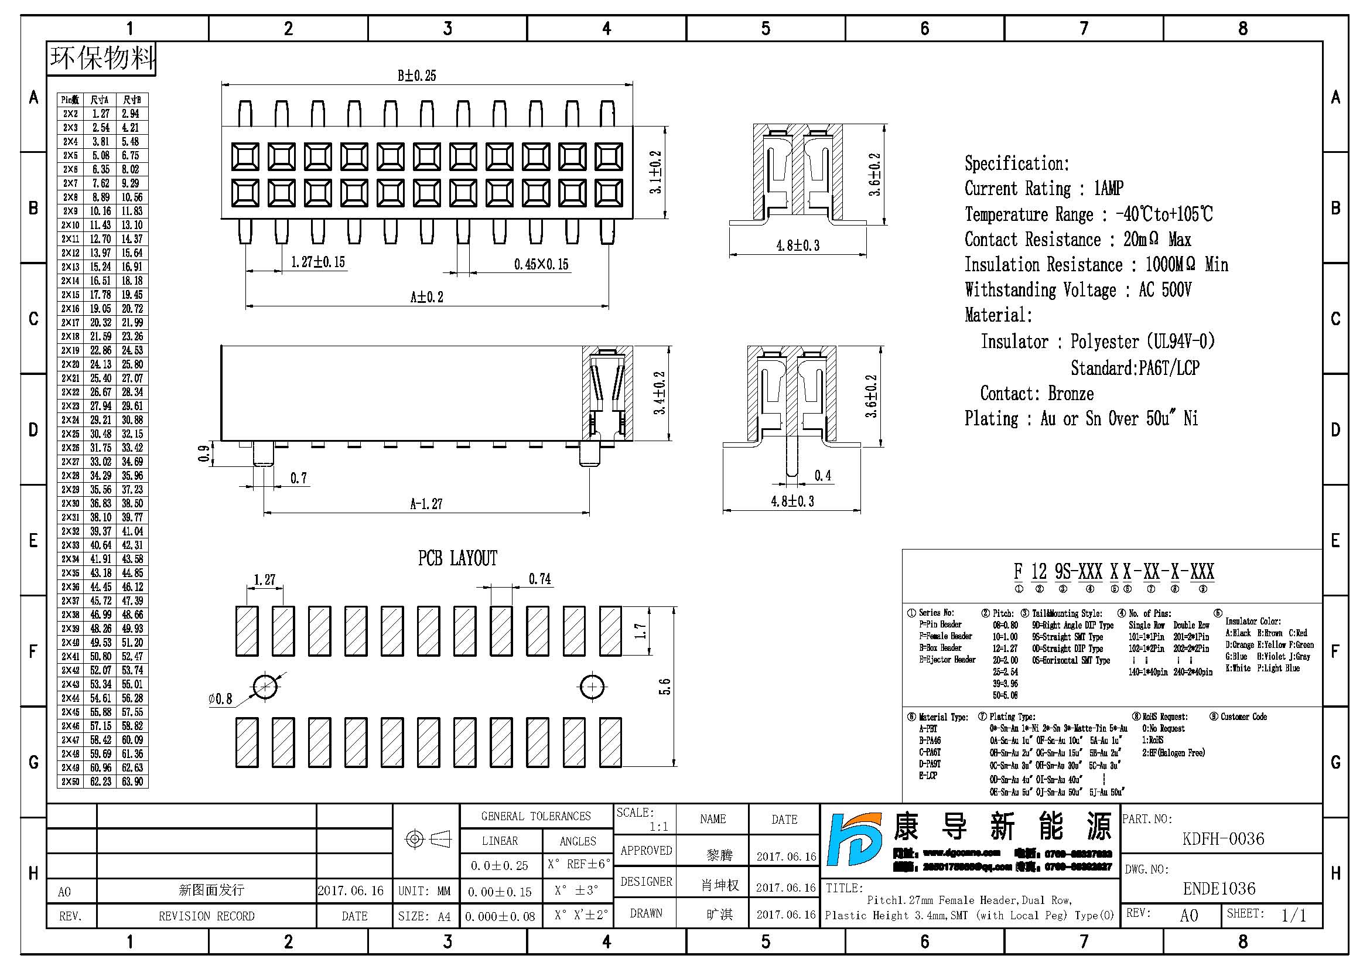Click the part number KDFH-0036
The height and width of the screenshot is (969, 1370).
coord(1222,839)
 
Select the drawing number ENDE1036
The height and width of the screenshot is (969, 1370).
coord(1219,889)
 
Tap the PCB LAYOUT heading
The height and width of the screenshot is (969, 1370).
coord(457,558)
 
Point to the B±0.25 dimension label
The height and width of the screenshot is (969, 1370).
coord(416,76)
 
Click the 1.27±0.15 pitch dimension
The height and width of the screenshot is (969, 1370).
coord(317,262)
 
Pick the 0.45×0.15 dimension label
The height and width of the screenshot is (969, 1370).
coord(541,264)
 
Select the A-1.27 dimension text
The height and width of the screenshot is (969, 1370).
coord(426,504)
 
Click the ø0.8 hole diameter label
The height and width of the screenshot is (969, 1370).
coord(220,699)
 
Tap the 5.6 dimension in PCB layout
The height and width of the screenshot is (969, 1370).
coord(665,687)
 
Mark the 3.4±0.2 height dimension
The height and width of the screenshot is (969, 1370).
coord(659,393)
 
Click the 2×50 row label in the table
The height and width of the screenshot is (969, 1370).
coord(70,782)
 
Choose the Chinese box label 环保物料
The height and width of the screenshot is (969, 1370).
coord(101,59)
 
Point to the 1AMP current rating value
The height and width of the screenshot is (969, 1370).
coord(1108,189)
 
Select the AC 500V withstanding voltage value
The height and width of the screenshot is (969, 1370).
coord(1165,290)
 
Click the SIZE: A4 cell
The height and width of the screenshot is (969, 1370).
coord(424,916)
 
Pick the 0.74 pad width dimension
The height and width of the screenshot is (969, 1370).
coord(539,579)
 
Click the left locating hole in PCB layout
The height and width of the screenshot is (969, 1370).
coord(265,687)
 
